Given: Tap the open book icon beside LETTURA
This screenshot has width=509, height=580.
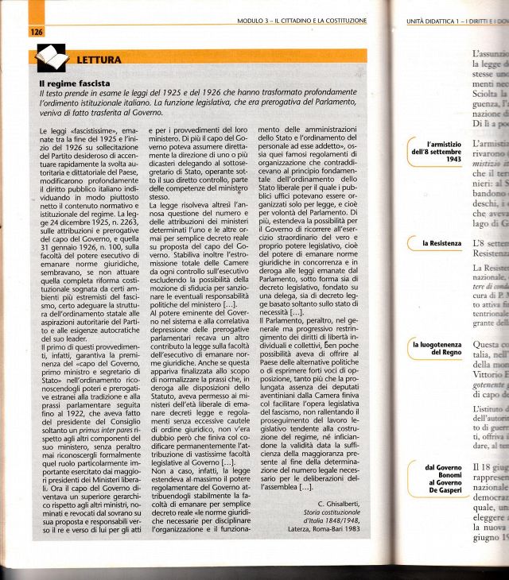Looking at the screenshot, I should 50,59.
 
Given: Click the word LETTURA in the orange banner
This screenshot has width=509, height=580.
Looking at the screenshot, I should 99,60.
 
